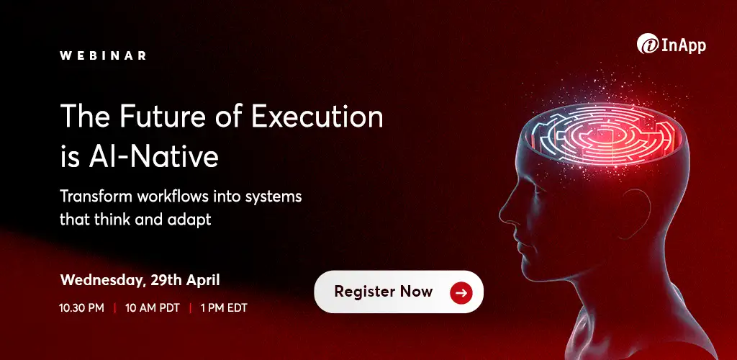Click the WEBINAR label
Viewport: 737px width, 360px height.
104,55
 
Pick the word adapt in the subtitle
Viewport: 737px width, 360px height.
190,220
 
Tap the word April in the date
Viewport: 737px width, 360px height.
202,279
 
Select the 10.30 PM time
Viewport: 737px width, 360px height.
81,308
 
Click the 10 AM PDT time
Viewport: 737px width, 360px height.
152,308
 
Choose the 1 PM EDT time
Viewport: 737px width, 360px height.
224,308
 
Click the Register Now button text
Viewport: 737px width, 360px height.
384,292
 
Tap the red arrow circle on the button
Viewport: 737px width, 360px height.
461,292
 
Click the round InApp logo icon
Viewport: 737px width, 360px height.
646,45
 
